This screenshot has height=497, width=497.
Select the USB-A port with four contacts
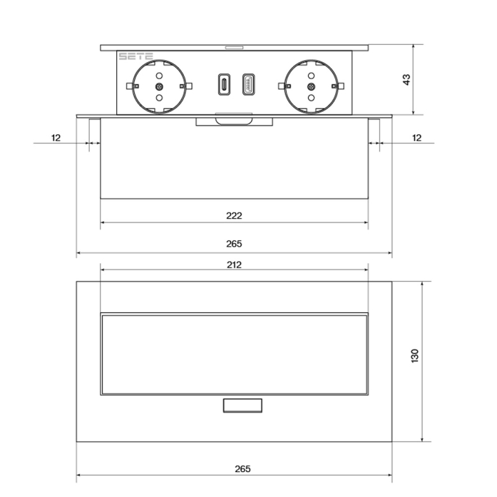(x=247, y=84)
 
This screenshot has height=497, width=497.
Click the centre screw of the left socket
(x=158, y=86)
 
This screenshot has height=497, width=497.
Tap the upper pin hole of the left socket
(x=158, y=73)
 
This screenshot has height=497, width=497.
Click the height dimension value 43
(x=406, y=80)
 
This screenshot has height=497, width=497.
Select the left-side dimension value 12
(x=56, y=137)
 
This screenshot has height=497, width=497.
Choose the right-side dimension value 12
(x=416, y=137)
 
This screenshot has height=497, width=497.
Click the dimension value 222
(x=234, y=216)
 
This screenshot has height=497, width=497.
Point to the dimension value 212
(x=234, y=265)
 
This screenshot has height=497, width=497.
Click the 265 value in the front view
(x=234, y=244)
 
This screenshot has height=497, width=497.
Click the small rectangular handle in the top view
(x=242, y=406)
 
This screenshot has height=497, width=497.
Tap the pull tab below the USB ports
(x=234, y=119)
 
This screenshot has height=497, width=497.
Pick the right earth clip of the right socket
(x=339, y=86)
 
